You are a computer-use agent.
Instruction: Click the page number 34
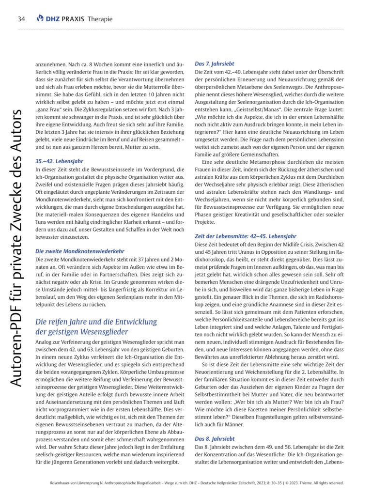pyautogui.click(x=21, y=19)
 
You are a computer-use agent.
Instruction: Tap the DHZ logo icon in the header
pyautogui.click(x=40, y=19)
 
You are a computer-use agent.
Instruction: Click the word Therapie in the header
pyautogui.click(x=100, y=19)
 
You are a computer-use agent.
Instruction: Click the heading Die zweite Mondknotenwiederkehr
pyautogui.click(x=80, y=251)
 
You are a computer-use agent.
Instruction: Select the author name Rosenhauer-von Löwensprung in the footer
pyautogui.click(x=77, y=483)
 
